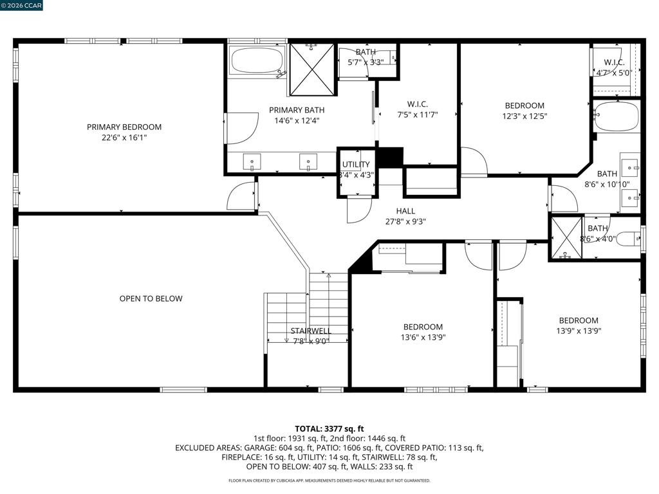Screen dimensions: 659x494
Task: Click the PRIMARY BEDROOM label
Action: (124, 127)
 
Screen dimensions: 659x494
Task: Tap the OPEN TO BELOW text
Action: (151, 298)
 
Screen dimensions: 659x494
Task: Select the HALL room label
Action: (405, 211)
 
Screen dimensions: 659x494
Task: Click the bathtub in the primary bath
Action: (257, 60)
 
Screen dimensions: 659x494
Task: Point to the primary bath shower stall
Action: (312, 69)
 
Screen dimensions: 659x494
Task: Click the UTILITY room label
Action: (355, 164)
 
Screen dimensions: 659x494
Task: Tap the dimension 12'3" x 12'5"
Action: (524, 116)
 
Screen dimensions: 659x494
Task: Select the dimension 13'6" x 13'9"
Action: (423, 337)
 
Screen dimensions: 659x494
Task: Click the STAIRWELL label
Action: (311, 331)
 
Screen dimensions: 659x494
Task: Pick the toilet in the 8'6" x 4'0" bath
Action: (628, 239)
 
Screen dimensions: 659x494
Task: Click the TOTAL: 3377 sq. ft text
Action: (329, 429)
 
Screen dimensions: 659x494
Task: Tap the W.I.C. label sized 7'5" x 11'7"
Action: (417, 104)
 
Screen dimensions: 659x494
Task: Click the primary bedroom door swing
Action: (241, 197)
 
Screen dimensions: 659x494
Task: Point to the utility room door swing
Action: (359, 210)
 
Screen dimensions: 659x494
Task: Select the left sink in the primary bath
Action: (252, 161)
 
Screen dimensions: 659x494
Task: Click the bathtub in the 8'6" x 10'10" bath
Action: (617, 116)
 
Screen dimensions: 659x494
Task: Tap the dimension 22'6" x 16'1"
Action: (124, 138)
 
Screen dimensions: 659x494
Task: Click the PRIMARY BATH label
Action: (297, 110)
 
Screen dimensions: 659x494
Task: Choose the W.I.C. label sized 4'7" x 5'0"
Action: (614, 62)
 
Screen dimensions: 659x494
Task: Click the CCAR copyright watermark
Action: (21, 5)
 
